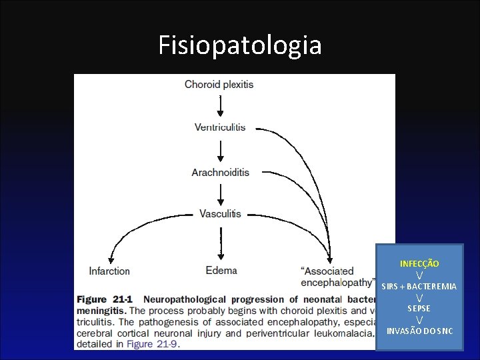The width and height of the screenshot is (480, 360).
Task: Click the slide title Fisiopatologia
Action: pyautogui.click(x=240, y=45)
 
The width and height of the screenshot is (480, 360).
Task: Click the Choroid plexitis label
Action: pyautogui.click(x=219, y=85)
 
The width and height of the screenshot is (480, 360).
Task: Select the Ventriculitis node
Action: pyautogui.click(x=220, y=127)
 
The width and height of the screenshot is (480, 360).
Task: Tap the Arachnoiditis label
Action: pyautogui.click(x=220, y=172)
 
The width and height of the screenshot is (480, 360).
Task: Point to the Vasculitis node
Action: pyautogui.click(x=220, y=214)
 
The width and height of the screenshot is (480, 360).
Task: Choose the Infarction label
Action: pyautogui.click(x=109, y=271)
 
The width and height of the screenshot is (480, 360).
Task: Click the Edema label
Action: pyautogui.click(x=221, y=271)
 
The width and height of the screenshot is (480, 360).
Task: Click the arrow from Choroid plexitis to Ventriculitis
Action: pyautogui.click(x=220, y=105)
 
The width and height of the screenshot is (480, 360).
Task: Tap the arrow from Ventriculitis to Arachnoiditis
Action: pyautogui.click(x=220, y=149)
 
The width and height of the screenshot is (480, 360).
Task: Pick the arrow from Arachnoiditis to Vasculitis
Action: pyautogui.click(x=220, y=193)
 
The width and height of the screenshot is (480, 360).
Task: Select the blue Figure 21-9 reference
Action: pyautogui.click(x=153, y=344)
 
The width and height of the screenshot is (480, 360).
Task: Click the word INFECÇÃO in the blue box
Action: pyautogui.click(x=419, y=265)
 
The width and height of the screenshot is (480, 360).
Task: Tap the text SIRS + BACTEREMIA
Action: pyautogui.click(x=419, y=287)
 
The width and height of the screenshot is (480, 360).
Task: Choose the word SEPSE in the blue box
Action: pyautogui.click(x=419, y=309)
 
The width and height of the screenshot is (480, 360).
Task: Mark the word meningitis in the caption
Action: pyautogui.click(x=101, y=311)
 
